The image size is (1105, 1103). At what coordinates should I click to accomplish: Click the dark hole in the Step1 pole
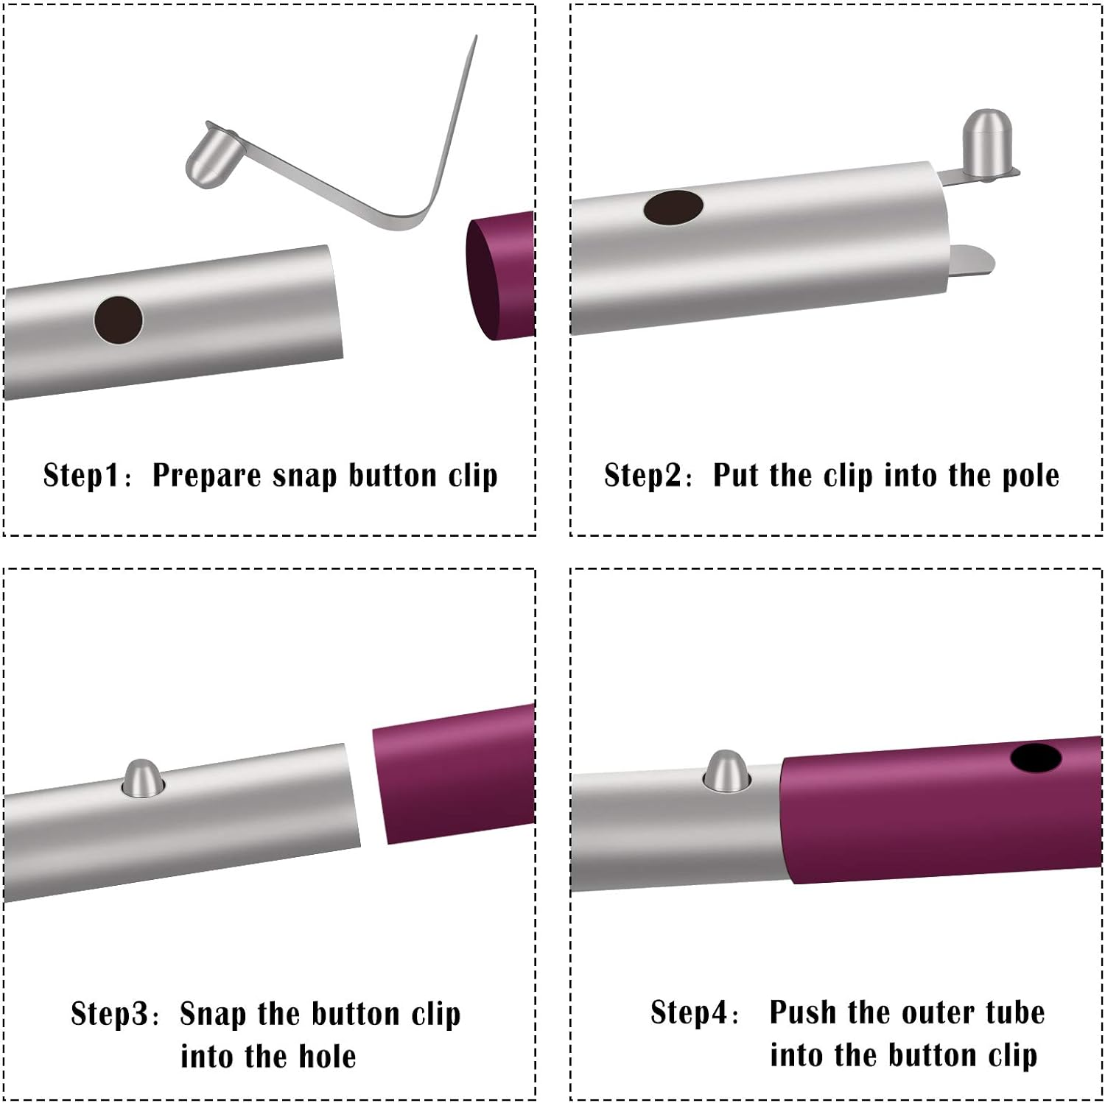click(x=119, y=320)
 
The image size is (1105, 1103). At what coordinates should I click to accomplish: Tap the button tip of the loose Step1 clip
click(x=211, y=155)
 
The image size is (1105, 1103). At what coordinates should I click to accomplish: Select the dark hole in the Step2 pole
click(x=673, y=207)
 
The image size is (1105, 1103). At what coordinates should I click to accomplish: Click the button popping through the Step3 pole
click(x=141, y=778)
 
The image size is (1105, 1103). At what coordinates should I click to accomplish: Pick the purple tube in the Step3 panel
click(x=454, y=773)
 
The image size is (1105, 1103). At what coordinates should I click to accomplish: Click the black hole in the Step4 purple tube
click(x=1036, y=758)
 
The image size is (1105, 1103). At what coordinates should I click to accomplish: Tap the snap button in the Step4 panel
click(x=726, y=771)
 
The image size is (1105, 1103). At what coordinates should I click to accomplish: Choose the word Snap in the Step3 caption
click(x=213, y=1015)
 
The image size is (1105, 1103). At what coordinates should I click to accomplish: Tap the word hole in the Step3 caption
click(x=327, y=1057)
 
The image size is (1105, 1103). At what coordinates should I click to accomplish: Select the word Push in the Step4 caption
click(x=803, y=1012)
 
